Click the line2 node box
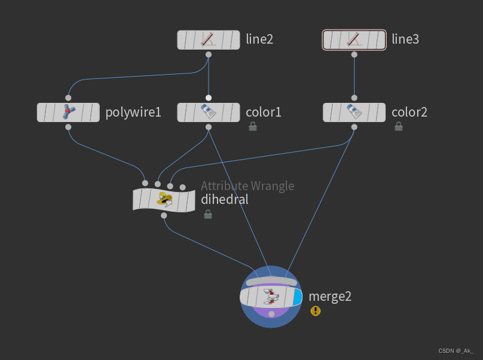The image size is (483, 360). coord(208,40)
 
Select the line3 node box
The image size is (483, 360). coord(354,40)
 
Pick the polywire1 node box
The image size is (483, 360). coord(68,112)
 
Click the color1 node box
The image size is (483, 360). coord(208,112)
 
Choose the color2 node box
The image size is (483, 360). coord(354,112)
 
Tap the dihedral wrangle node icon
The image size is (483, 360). coord(164,199)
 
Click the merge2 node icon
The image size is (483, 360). coord(271,297)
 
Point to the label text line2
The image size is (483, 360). coord(259,40)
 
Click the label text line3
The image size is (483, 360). coord(405,40)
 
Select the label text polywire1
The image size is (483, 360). coord(133,112)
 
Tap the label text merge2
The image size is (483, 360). coord(330,296)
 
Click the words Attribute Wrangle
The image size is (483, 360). coord(247,186)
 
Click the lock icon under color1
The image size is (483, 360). coord(253,126)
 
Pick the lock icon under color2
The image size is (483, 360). coord(399,126)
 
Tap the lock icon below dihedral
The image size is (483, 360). coord(208,213)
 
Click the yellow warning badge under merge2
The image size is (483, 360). coord(316,311)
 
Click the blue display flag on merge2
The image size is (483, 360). coord(298,297)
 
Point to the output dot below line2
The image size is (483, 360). coord(208,54)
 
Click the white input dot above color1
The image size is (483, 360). coord(208,97)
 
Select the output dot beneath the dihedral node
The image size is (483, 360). coord(164,215)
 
